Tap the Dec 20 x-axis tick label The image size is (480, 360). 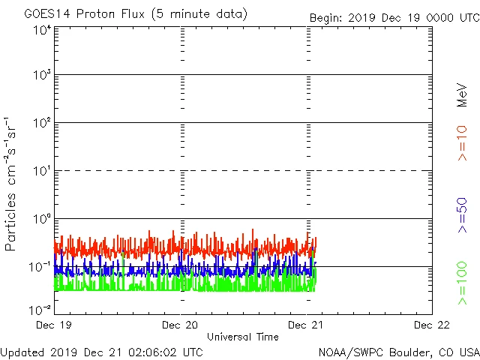(x=181, y=325)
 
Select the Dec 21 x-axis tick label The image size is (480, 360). (x=307, y=325)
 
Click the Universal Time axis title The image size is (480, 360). (x=243, y=337)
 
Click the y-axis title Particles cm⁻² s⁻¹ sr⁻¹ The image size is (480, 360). (x=13, y=184)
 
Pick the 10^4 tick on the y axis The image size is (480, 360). (x=41, y=30)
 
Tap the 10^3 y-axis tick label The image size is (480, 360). (x=41, y=76)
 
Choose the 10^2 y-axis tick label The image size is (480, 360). (x=41, y=124)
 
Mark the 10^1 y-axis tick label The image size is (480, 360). (x=41, y=172)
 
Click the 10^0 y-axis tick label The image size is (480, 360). (x=41, y=220)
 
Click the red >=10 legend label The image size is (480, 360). (x=463, y=142)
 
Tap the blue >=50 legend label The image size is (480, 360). (x=463, y=217)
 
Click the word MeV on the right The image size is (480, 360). (x=463, y=94)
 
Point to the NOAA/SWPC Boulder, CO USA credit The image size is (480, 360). (x=398, y=352)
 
